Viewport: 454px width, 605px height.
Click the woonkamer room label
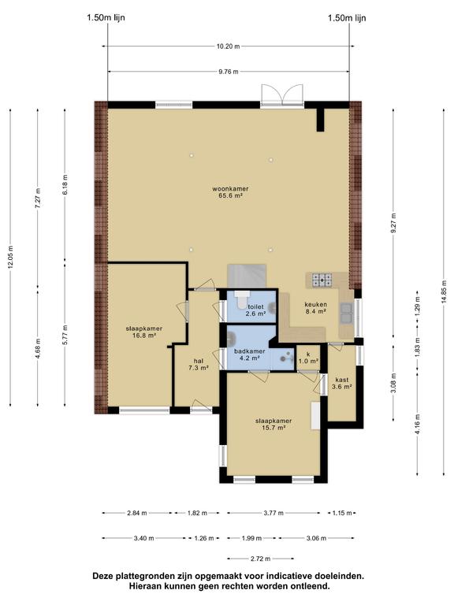[230, 189]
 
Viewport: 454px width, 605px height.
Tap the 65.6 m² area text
[230, 195]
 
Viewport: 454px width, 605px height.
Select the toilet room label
[255, 306]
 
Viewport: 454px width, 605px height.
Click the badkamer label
[250, 351]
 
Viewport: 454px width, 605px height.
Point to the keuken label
[316, 304]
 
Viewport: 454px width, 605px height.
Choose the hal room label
[199, 361]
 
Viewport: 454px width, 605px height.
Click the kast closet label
[342, 380]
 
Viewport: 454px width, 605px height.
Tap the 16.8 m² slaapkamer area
[143, 336]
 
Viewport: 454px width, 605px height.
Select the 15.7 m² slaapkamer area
[274, 428]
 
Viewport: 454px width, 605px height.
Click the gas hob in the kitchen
[322, 280]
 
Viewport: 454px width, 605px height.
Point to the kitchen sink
[346, 313]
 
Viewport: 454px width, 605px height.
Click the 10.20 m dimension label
[228, 46]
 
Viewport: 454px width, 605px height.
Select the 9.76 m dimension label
[229, 72]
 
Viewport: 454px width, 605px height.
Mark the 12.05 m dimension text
[10, 257]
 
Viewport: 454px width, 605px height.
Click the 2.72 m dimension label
[260, 559]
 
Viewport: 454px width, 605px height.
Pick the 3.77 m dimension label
[274, 513]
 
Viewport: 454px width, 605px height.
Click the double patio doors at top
[282, 95]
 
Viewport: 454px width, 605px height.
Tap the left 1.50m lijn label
[106, 17]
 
